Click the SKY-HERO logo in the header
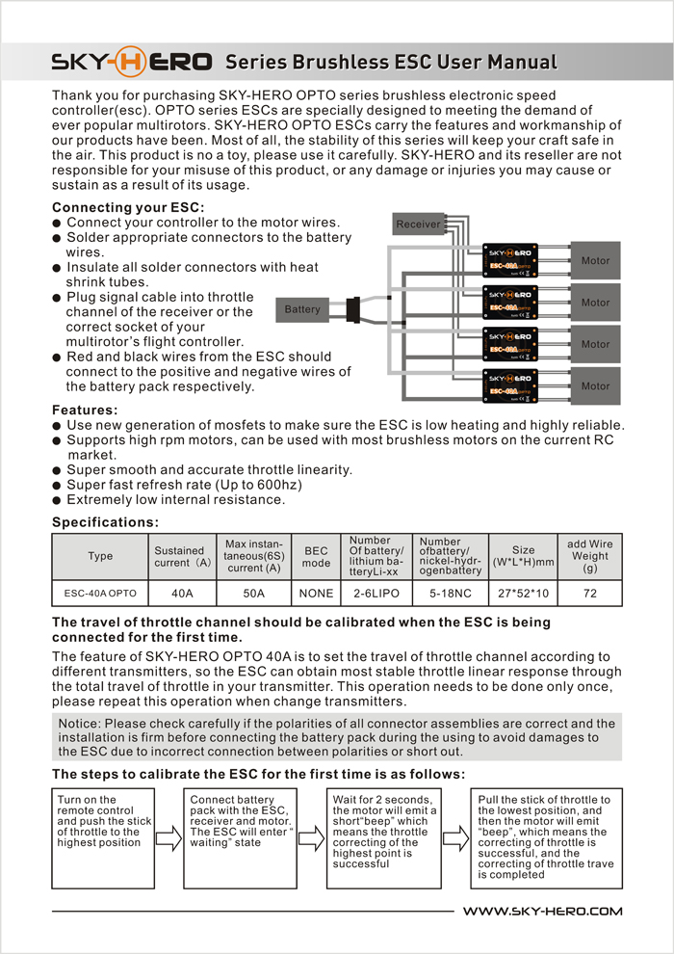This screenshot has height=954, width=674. tap(132, 63)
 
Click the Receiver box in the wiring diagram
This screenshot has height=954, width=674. tap(418, 225)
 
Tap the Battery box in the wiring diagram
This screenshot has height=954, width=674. tap(302, 309)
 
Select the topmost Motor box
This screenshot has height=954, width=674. tap(595, 260)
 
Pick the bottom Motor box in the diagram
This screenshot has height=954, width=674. tap(595, 385)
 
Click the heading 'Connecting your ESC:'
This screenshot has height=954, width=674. tap(128, 208)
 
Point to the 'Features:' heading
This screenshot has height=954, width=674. tap(85, 410)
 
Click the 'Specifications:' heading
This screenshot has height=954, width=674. tap(105, 522)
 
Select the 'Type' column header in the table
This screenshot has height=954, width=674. tap(100, 556)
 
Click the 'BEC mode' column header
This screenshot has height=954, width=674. tap(316, 556)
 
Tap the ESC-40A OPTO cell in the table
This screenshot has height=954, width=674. tap(100, 594)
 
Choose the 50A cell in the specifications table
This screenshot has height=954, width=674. tap(253, 594)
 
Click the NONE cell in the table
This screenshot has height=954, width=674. tap(316, 594)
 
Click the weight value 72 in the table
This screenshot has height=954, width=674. tap(590, 594)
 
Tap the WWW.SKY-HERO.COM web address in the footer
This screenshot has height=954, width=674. tap(543, 911)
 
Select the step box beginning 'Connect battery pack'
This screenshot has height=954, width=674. tap(239, 838)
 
